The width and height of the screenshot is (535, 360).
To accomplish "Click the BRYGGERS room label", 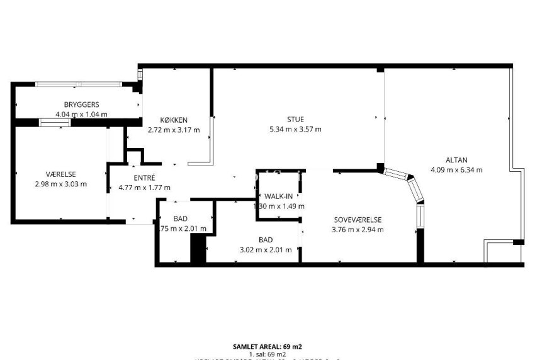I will coord(81,104).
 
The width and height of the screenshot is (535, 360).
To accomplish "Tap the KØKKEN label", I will coord(174,120).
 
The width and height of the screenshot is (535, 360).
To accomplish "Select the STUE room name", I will coord(295,120).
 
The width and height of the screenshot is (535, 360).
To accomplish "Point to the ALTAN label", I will coord(457,160).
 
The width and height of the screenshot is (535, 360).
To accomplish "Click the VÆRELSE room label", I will coord(61,174).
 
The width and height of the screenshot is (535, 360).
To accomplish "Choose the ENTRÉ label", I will coord(144,177).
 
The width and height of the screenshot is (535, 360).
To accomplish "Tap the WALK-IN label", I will coord(278,196).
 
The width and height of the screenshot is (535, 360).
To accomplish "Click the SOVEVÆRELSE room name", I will coord(358,220).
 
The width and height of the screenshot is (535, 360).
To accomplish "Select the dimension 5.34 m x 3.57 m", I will coord(295,130).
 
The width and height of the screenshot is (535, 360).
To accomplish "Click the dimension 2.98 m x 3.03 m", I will coord(61,184).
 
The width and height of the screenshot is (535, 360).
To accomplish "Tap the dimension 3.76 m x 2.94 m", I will coord(358,230).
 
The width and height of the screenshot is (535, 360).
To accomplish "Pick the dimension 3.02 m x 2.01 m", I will coord(265,249).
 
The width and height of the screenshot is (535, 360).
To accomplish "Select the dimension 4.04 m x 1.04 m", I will coord(81,115).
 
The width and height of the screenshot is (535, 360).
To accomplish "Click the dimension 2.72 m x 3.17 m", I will coord(174,130).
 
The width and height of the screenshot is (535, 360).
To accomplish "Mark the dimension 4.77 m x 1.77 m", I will coord(145,188).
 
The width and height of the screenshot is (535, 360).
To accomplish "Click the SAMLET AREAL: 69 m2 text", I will coord(267,347).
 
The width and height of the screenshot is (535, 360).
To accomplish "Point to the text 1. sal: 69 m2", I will coord(268,355).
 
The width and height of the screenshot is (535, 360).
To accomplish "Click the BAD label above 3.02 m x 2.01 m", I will coord(265,240).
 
